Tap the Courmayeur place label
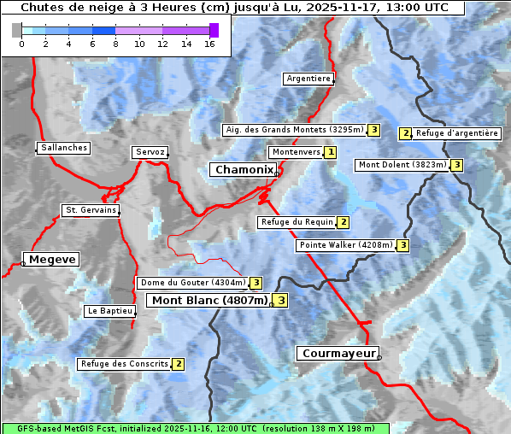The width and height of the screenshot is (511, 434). [x=338, y=353]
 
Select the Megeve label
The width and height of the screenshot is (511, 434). [x=52, y=259]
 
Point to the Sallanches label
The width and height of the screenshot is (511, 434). [x=64, y=148]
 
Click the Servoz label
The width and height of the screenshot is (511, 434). [x=150, y=152]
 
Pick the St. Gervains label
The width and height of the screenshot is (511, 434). [x=91, y=210]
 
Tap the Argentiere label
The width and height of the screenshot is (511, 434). [x=308, y=79]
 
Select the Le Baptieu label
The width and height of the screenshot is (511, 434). [x=110, y=311]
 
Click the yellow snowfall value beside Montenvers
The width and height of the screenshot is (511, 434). [x=330, y=152]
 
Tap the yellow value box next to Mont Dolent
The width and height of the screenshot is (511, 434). [x=457, y=165]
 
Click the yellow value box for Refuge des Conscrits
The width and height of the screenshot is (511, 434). [x=178, y=364]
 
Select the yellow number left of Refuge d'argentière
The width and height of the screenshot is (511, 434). [x=406, y=133]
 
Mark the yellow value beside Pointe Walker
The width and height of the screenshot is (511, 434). [x=402, y=245]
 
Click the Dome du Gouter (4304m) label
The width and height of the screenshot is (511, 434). [x=192, y=283]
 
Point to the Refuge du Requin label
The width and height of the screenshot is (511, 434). [x=297, y=222]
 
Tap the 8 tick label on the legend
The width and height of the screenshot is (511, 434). [x=115, y=44]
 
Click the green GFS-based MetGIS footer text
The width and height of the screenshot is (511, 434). [x=195, y=428]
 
